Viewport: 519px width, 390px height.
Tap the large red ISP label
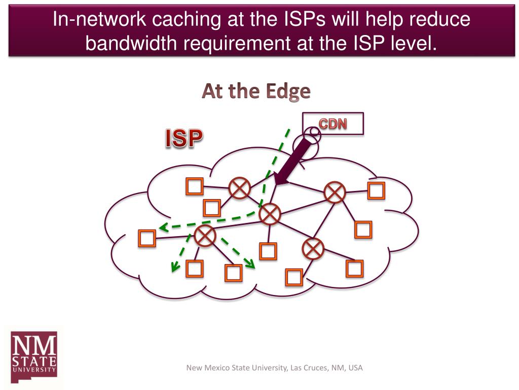click(x=183, y=138)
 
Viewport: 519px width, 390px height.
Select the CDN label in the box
click(x=332, y=123)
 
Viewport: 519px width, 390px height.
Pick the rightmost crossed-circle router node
click(x=335, y=192)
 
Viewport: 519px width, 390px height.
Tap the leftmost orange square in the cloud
click(x=147, y=238)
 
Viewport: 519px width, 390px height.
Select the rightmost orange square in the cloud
click(x=376, y=190)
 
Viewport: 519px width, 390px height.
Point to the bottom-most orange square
click(x=294, y=277)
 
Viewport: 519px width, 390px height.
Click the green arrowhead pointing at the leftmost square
click(x=162, y=229)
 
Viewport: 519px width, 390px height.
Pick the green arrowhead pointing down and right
click(x=249, y=262)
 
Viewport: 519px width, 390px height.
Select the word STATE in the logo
click(x=33, y=361)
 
